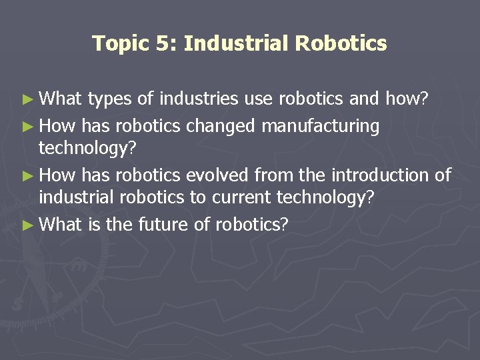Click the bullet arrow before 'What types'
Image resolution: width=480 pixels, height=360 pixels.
point(27,100)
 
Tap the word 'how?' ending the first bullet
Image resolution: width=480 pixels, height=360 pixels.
point(409,100)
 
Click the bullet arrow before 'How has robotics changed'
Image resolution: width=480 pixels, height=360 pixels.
point(27,125)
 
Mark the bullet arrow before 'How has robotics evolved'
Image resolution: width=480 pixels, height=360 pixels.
point(27,175)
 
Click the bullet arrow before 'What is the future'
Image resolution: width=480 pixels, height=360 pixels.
point(27,225)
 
